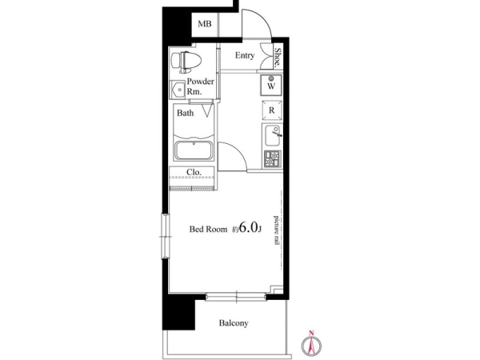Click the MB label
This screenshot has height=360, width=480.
(205, 23)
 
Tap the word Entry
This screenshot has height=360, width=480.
(245, 55)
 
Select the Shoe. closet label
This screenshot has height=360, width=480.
(278, 57)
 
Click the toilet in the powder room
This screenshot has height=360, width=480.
(186, 62)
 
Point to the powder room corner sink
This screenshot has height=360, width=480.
(178, 90)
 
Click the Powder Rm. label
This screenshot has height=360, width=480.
(201, 86)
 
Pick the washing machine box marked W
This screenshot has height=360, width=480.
(271, 85)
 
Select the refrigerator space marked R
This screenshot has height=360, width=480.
(271, 110)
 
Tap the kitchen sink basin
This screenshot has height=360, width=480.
(272, 136)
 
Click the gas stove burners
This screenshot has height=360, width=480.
(272, 159)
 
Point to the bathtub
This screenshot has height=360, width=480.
(193, 151)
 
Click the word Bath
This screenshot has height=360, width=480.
(186, 113)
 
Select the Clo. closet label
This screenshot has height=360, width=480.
(194, 172)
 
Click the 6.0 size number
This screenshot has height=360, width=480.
(248, 227)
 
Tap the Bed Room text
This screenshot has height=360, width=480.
(208, 229)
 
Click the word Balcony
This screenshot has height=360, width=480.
(234, 323)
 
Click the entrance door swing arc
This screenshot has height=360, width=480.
(264, 18)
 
